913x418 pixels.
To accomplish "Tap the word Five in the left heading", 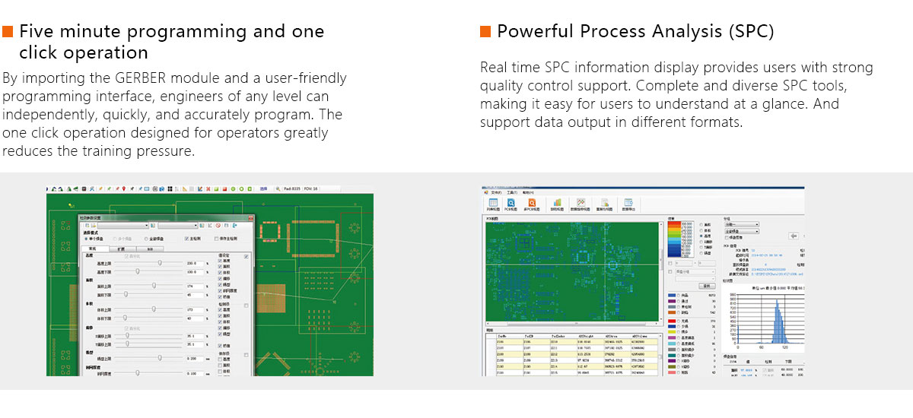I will [39, 32].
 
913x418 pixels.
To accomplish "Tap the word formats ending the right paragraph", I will [715, 122].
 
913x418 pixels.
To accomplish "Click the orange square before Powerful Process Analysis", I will [485, 32].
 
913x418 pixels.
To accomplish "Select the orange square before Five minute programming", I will [8, 32].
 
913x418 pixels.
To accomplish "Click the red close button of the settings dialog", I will [246, 217].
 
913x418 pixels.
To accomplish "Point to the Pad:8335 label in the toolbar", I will [291, 188].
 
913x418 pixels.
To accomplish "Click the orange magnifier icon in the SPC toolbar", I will [532, 203].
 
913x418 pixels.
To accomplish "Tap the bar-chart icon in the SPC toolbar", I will [556, 203].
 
